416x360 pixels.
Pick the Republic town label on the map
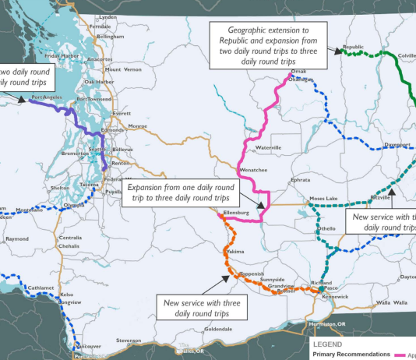click(353, 47)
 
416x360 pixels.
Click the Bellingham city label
click(110, 37)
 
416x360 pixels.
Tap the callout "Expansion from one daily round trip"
click(180, 193)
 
